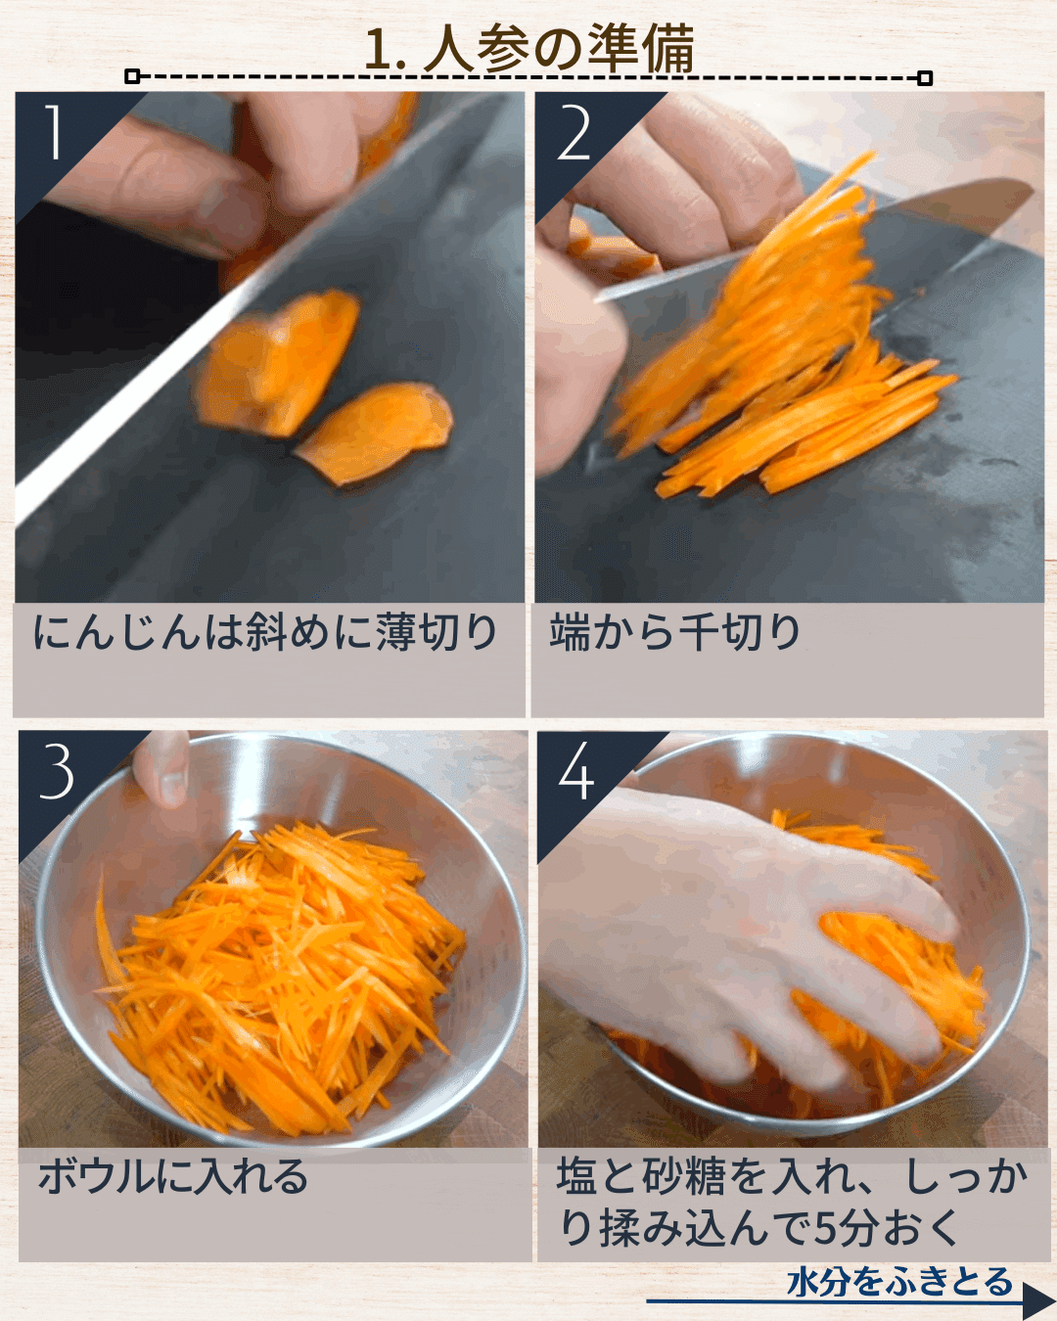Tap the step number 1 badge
(x=54, y=132)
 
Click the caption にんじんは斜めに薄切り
(x=265, y=633)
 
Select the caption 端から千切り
(x=674, y=633)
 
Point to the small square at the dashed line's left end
(x=132, y=76)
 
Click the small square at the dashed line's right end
(x=925, y=78)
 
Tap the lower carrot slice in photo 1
(x=376, y=432)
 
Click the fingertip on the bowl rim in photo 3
(x=161, y=768)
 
